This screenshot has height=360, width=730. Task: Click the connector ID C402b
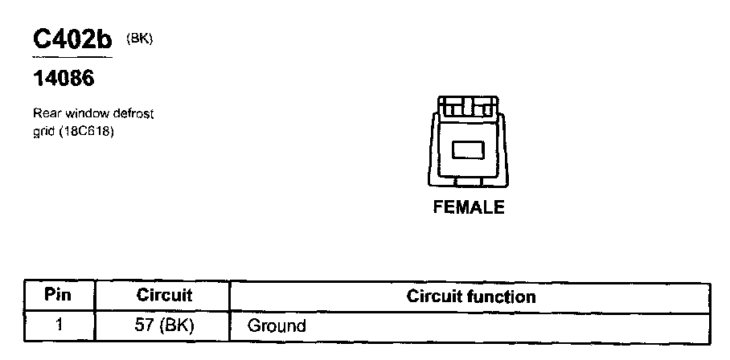click(71, 40)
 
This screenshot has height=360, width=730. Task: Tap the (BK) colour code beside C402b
click(139, 37)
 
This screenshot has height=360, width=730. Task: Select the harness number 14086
click(64, 80)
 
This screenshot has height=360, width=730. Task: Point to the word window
click(80, 114)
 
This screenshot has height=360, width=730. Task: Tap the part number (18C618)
click(86, 131)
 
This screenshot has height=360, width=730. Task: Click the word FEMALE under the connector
click(469, 207)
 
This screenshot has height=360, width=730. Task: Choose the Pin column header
click(58, 295)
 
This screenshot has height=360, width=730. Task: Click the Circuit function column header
click(471, 296)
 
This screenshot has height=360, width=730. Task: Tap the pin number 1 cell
click(58, 326)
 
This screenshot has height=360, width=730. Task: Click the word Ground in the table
click(277, 326)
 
